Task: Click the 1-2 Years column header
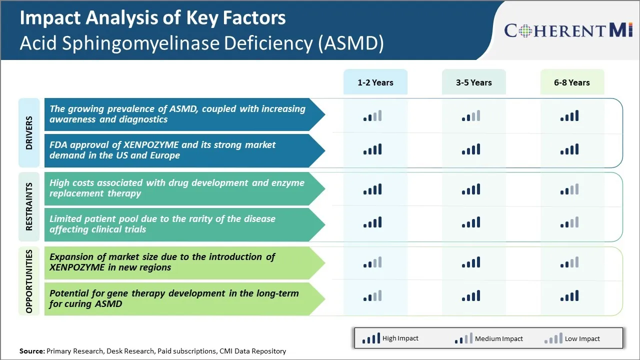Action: point(375,82)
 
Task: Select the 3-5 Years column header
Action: point(473,82)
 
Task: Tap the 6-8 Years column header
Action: point(571,82)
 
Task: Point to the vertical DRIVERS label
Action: point(29,133)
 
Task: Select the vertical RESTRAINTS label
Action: point(29,206)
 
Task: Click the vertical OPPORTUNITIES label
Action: point(29,281)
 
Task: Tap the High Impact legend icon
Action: point(371,339)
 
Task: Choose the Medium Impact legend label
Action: point(498,338)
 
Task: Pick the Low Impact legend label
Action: point(582,338)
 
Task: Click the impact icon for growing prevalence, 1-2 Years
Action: point(372,116)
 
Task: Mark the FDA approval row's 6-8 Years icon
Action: point(569,149)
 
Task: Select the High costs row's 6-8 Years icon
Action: point(569,189)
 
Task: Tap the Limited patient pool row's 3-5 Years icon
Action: point(471,222)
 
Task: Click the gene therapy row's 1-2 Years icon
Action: point(372,296)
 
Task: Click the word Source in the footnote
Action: point(31,351)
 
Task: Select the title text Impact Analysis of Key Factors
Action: point(152,18)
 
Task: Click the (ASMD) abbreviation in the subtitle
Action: point(350,43)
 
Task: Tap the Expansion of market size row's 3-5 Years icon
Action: point(471,262)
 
